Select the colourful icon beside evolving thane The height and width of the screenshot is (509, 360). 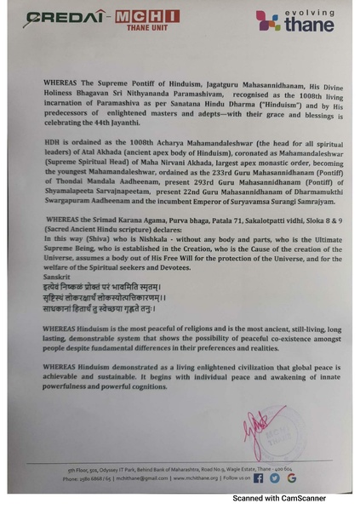(269, 20)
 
